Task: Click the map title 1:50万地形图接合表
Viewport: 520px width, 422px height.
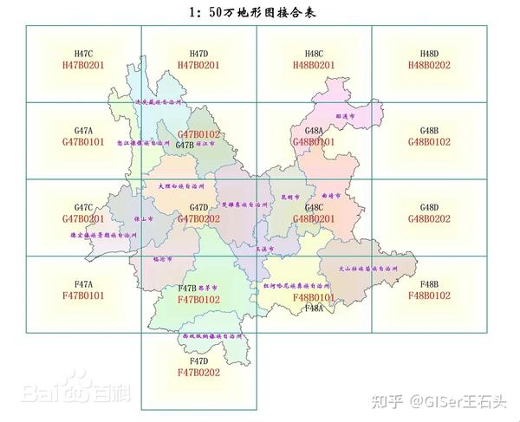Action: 259,12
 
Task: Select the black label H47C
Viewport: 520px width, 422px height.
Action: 83,54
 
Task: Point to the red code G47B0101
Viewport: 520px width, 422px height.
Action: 83,141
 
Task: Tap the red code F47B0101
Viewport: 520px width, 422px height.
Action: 83,295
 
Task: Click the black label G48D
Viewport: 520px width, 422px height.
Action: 429,208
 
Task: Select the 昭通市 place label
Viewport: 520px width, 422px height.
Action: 346,115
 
